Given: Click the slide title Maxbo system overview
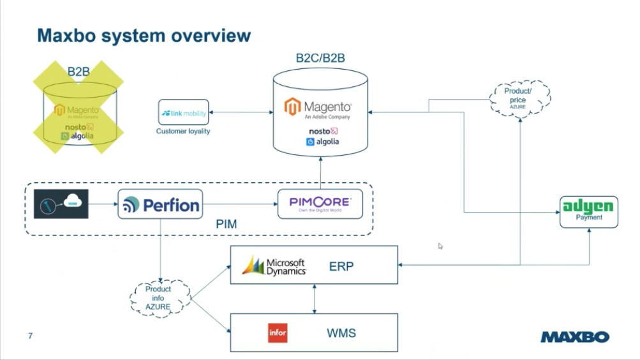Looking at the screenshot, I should tap(144, 35).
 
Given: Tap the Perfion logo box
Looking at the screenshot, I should tap(160, 204).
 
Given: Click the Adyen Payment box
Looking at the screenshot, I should tap(589, 211).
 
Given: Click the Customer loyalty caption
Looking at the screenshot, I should tap(183, 131).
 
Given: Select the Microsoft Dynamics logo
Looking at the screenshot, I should tap(274, 266).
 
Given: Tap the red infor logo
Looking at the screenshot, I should tap(278, 333).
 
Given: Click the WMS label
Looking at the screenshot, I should tap(341, 333).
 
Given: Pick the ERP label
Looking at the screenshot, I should tap(341, 266).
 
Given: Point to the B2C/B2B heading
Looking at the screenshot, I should tap(320, 58).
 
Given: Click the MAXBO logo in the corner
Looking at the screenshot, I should tap(575, 336).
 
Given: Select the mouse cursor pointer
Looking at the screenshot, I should tap(440, 246).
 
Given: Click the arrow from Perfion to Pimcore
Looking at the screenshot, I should tap(240, 204).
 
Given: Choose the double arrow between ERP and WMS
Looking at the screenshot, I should tap(314, 299).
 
